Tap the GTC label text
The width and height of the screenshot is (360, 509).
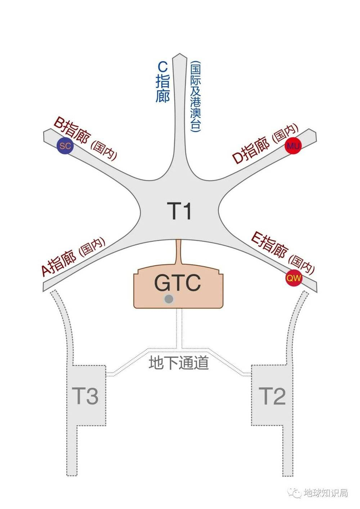click(x=177, y=283)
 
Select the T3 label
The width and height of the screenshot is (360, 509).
click(x=85, y=396)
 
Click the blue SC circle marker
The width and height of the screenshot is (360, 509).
click(x=65, y=146)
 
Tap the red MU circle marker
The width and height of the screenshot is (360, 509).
click(x=293, y=146)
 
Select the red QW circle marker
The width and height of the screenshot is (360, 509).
click(x=294, y=278)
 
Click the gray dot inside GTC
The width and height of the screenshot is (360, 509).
click(x=168, y=299)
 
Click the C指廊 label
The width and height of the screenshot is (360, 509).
click(x=163, y=82)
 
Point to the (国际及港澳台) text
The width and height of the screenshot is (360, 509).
click(x=195, y=98)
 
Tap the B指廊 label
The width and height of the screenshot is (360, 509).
click(x=73, y=131)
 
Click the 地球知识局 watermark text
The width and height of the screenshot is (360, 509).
click(x=326, y=492)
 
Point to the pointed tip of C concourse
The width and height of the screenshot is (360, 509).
click(x=179, y=56)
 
